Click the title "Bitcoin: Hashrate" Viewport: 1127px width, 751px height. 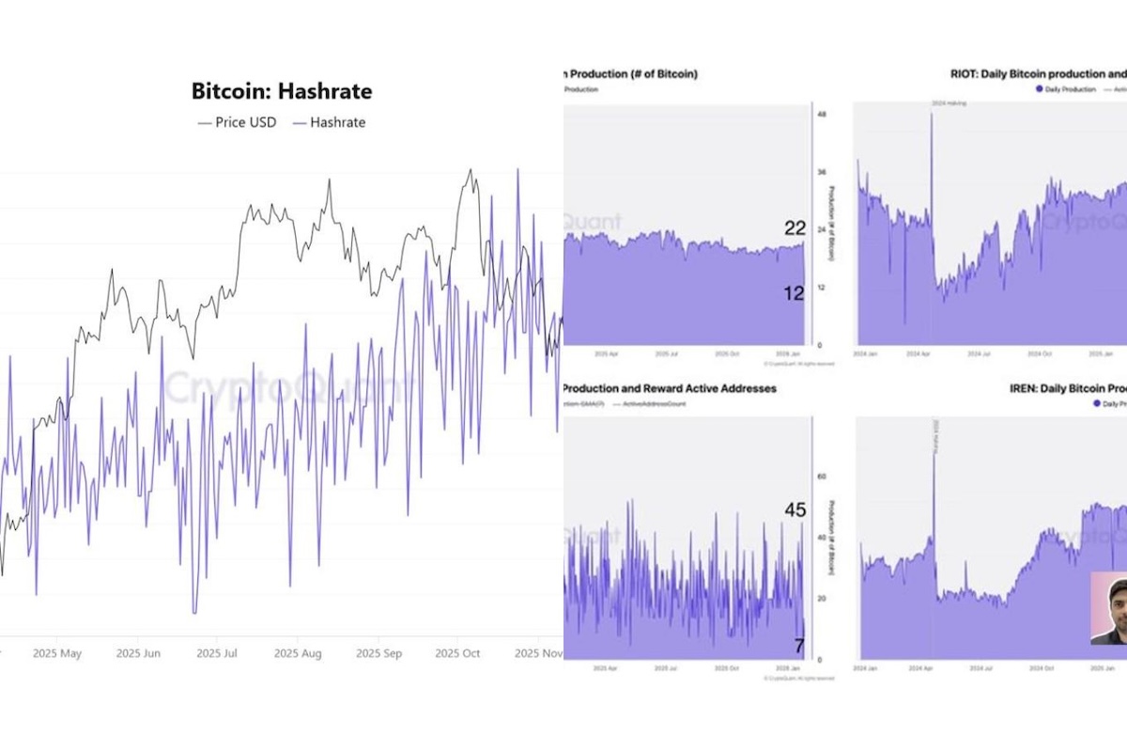(x=282, y=91)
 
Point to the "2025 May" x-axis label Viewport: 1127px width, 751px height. (x=57, y=652)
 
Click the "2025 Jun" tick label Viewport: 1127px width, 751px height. (x=138, y=652)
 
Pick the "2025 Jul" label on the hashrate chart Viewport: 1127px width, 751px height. (x=218, y=652)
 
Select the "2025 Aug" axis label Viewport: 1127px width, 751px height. (x=299, y=652)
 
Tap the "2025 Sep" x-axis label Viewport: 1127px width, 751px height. (x=380, y=652)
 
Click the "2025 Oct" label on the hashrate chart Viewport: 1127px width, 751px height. (x=460, y=652)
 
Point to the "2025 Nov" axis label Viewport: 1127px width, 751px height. (x=540, y=652)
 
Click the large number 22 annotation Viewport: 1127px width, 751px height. (x=795, y=228)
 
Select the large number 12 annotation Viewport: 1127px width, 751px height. (x=795, y=293)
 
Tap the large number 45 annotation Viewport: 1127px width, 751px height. (x=795, y=510)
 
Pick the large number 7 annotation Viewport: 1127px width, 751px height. (x=799, y=646)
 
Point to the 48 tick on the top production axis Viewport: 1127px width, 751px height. (x=822, y=115)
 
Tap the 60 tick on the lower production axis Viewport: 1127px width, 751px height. (x=822, y=477)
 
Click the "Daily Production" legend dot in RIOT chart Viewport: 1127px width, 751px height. (x=1040, y=88)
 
